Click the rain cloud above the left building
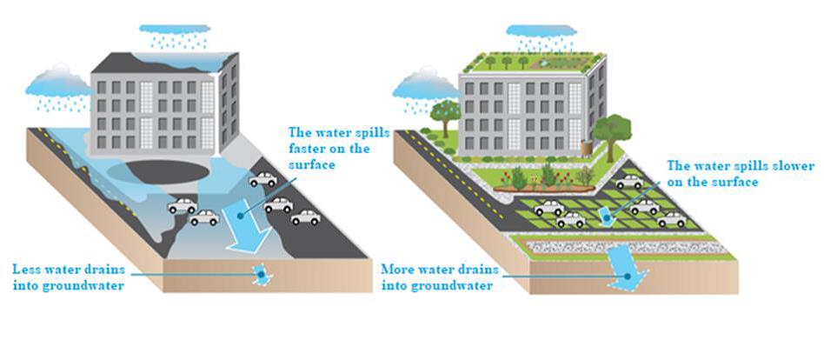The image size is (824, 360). tap(174, 33)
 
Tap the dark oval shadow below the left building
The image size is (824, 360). tap(166, 171)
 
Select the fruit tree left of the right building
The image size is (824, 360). tap(444, 113)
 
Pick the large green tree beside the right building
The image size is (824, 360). tap(613, 130)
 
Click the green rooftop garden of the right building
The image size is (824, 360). tap(532, 63)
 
